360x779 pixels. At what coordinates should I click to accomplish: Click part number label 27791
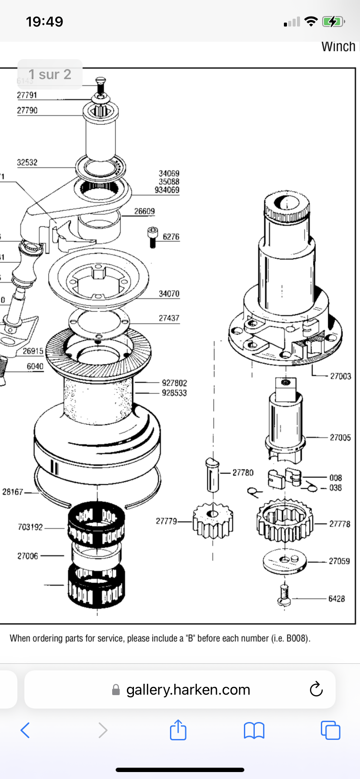coord(27,95)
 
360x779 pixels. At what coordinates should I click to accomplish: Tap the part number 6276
coord(171,237)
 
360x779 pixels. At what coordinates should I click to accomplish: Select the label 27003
coord(340,376)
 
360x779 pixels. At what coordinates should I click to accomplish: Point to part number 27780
coord(243,473)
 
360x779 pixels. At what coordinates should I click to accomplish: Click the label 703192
coord(30,527)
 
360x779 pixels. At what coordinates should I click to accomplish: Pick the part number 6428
coord(337,599)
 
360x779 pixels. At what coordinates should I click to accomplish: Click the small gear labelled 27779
coord(213,519)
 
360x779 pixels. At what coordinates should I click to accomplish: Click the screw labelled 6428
coord(283,595)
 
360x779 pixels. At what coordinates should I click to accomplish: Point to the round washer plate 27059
coord(284,563)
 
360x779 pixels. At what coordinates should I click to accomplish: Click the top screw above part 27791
coord(101,84)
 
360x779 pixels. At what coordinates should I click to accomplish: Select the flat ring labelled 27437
coord(99,322)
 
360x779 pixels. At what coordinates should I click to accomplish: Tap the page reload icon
coord(316,689)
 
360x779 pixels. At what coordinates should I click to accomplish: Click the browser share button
coord(178,730)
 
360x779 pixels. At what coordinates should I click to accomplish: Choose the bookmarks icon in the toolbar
coord(254,730)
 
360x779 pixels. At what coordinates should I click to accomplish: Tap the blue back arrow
coord(25,730)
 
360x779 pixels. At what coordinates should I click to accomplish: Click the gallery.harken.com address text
coord(188,689)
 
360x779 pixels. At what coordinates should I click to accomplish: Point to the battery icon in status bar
coord(333,21)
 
